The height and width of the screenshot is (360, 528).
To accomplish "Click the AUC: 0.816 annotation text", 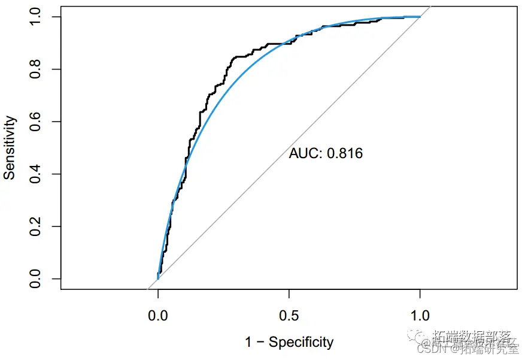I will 326,154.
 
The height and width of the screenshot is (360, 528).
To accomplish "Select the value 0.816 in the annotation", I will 344,154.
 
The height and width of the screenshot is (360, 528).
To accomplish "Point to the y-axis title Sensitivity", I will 10,148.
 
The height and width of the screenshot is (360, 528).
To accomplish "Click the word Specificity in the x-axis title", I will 301,343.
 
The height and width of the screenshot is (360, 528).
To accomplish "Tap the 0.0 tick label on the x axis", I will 158,316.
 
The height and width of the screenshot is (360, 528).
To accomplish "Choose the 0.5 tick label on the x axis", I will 289,316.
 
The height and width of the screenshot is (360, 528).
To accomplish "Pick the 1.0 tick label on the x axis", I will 420,316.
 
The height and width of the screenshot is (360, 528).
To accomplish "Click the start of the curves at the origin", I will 158,279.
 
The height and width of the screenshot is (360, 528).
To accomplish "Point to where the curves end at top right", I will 420,17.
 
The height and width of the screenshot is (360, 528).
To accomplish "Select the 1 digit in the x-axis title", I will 248,343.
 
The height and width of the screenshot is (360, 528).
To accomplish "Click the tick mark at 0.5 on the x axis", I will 289,293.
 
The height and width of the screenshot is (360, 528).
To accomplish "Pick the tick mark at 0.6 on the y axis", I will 57,122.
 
